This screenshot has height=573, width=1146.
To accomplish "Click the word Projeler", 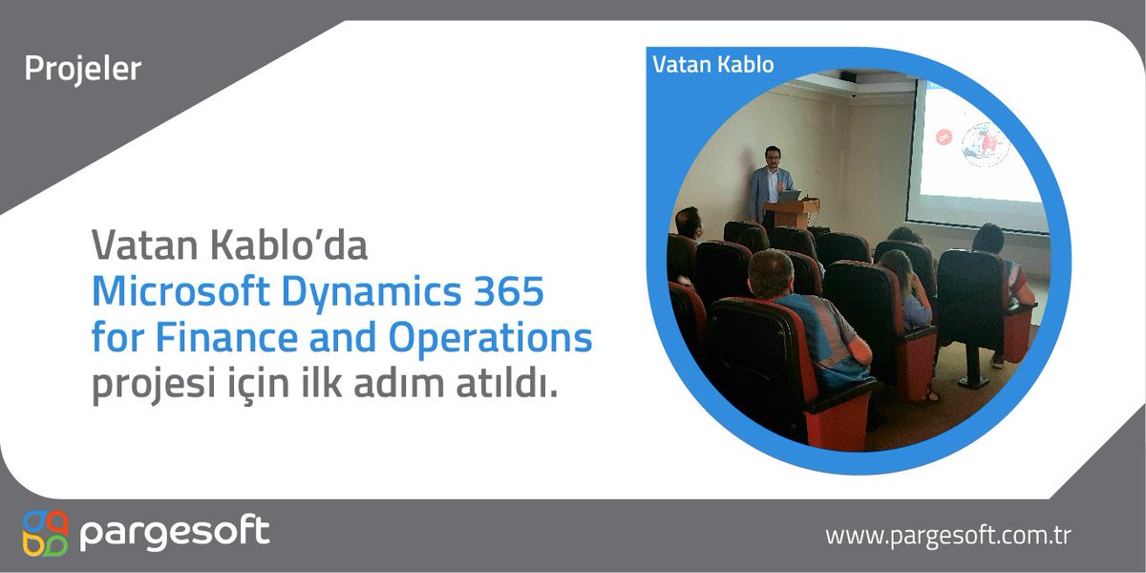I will coord(82,70).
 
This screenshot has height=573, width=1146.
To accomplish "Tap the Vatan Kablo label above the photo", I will coord(712,65).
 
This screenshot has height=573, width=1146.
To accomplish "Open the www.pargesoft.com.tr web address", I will coord(947,536).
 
